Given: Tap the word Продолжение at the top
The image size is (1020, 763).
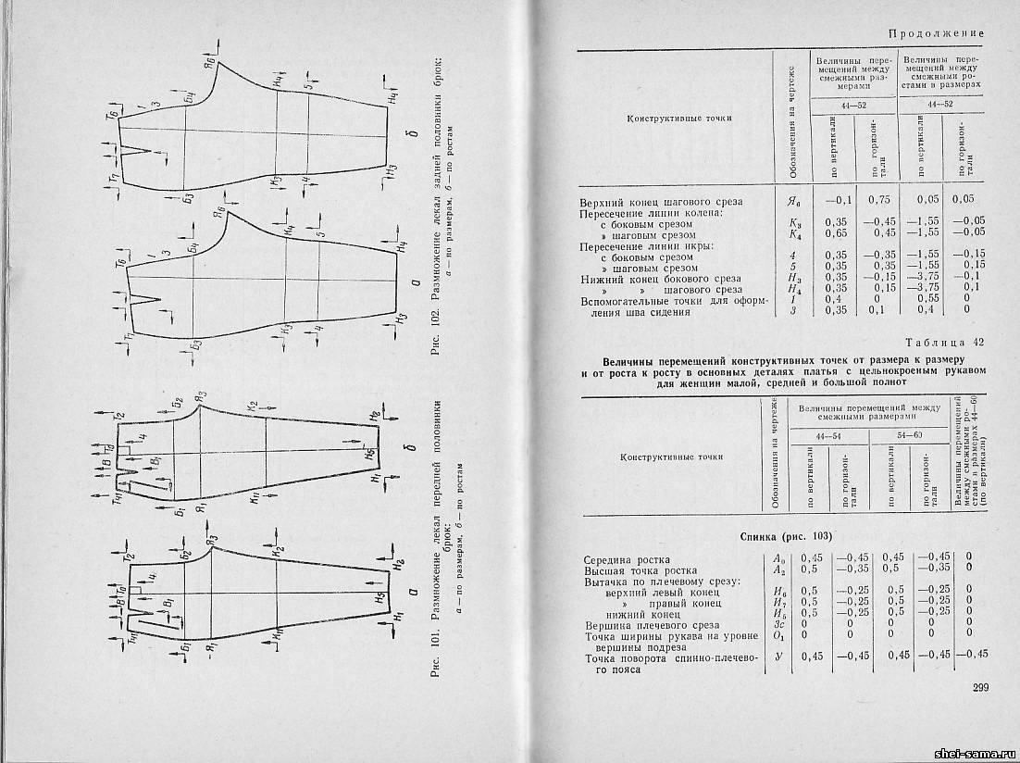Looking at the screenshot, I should (x=936, y=34).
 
